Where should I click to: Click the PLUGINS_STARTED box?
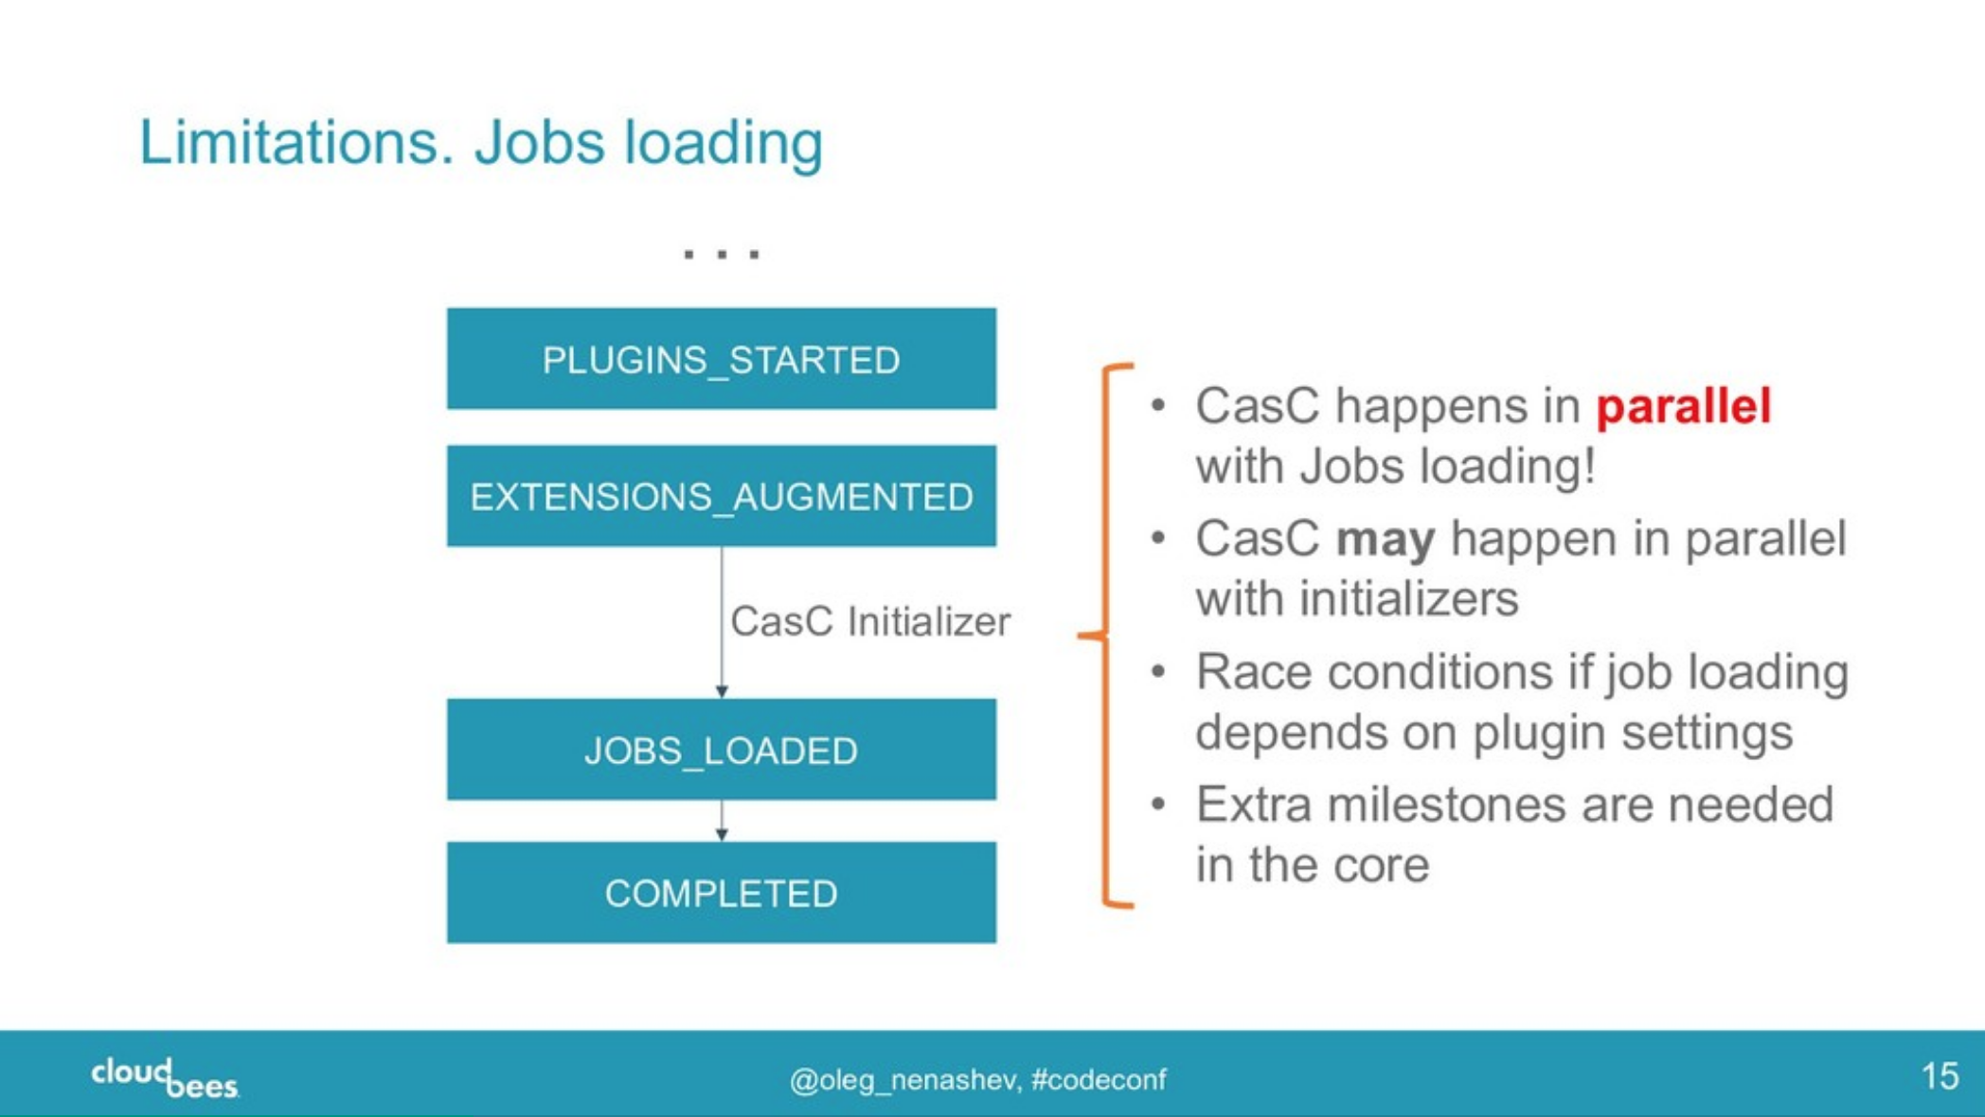pos(721,359)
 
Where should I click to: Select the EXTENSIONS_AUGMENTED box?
pos(721,496)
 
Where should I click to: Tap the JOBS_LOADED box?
pos(721,750)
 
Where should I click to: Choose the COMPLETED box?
pos(721,893)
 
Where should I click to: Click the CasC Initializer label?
pos(869,622)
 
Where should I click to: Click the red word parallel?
pos(1683,406)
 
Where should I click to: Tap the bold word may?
pos(1385,540)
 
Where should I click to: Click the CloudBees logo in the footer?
pos(165,1078)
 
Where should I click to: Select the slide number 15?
pos(1939,1076)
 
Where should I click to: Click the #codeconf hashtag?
pos(1098,1080)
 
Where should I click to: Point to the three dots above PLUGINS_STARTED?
pos(721,254)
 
